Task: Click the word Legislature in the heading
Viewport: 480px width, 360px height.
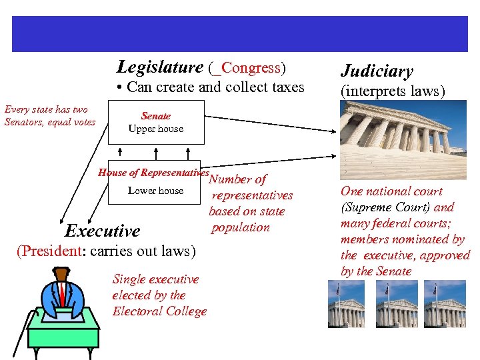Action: tap(159, 67)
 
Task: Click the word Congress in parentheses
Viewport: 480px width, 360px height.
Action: tap(251, 68)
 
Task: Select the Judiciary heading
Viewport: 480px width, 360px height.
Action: tap(377, 71)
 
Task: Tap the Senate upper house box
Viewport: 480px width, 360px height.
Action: tap(155, 122)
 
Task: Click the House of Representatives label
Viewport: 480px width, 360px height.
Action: tap(153, 172)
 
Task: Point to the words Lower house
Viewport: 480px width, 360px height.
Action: tap(155, 191)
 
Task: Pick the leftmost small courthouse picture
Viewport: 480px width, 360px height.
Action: tap(346, 303)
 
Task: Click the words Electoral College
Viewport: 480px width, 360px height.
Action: tap(159, 311)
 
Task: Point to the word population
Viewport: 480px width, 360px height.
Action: tap(241, 227)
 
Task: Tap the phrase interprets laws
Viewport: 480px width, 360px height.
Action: tap(393, 91)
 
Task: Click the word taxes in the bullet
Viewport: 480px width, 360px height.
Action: tap(284, 87)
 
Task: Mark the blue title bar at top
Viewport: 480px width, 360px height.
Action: tap(240, 34)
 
